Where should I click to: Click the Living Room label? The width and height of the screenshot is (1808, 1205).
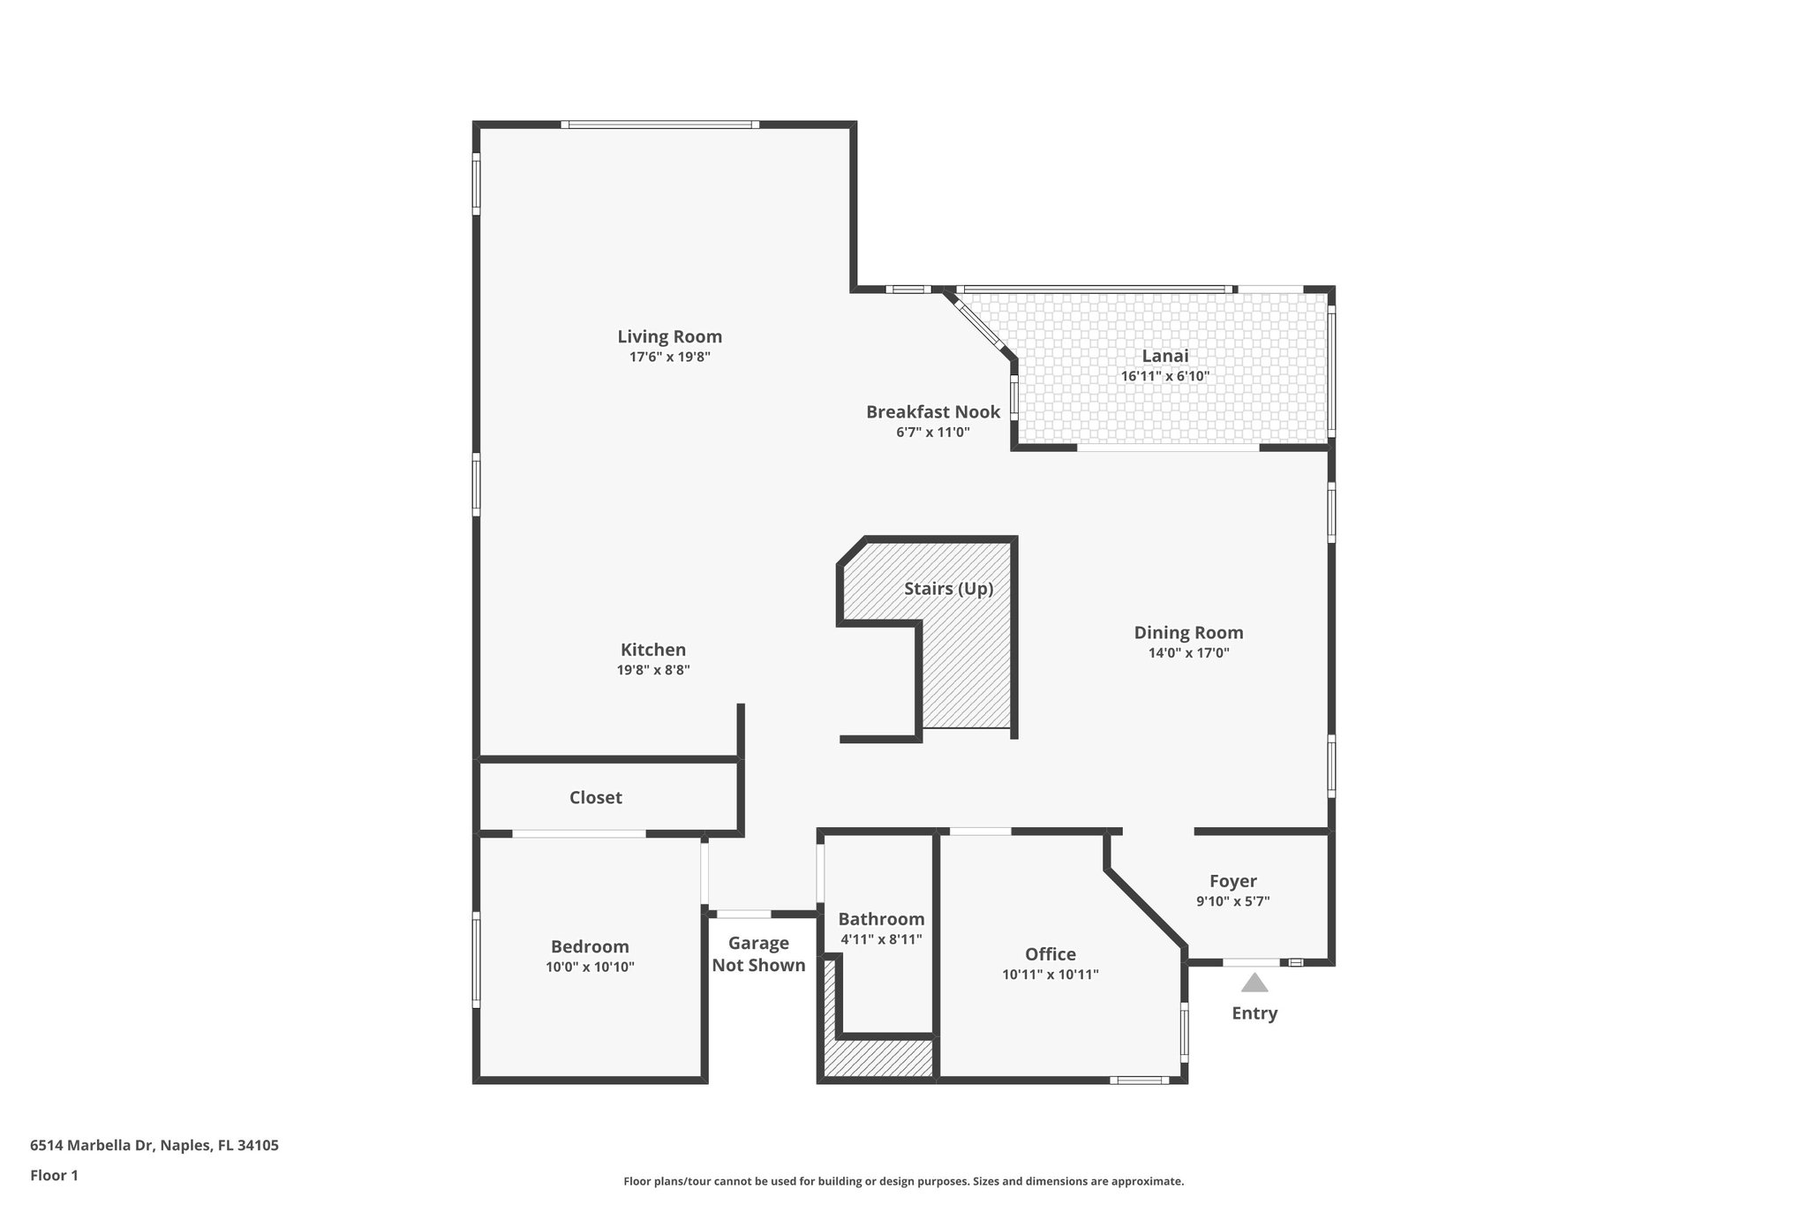(669, 336)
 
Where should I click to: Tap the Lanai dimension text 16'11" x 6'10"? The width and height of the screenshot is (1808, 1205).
(1164, 376)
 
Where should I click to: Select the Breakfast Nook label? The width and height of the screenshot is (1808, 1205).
(932, 411)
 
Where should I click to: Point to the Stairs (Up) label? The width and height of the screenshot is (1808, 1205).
(948, 589)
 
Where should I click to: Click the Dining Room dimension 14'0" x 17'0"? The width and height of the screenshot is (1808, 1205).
(1188, 653)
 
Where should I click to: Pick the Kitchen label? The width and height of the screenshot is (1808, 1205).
(652, 650)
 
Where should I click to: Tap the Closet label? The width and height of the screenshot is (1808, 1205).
(595, 797)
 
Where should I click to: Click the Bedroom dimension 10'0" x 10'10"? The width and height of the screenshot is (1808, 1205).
(590, 967)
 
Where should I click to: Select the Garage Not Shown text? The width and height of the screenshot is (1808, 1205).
(758, 954)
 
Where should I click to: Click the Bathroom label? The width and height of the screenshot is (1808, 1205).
(881, 919)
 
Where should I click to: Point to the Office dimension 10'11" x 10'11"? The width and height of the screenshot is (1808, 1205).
(1050, 975)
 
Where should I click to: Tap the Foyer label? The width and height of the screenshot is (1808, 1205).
(1232, 881)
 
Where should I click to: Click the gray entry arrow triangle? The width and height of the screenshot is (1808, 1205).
(1254, 983)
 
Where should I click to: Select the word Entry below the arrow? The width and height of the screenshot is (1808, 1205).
(1254, 1013)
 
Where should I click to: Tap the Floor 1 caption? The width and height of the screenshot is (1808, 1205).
(54, 1175)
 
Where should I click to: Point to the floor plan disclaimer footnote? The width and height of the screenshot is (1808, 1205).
(903, 1181)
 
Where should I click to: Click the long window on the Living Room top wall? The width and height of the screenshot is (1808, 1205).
(659, 124)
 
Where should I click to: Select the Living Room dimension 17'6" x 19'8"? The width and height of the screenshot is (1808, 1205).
(669, 358)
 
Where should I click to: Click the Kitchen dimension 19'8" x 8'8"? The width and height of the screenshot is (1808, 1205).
(652, 670)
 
